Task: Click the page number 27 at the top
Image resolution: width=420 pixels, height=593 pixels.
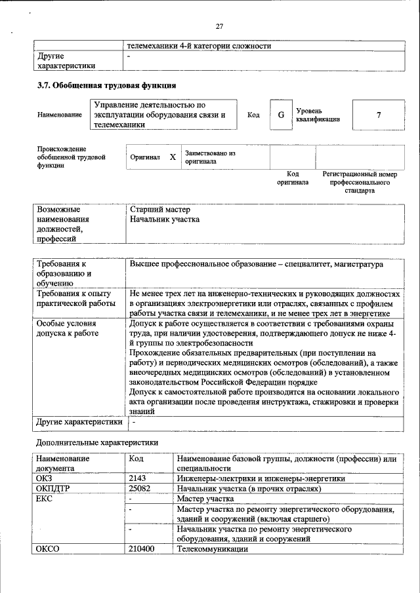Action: pos(219,27)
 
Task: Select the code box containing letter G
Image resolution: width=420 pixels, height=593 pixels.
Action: pos(280,115)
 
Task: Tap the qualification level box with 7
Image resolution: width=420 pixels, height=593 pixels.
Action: pos(378,115)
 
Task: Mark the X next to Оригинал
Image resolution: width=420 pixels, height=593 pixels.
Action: pos(173,157)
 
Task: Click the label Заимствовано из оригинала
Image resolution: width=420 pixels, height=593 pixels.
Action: pos(210,157)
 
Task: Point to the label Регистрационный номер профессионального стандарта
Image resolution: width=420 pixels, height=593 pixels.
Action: pos(360,182)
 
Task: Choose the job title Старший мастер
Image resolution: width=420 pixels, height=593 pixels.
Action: pos(159,210)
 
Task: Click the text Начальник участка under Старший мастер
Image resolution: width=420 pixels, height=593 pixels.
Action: pos(165,220)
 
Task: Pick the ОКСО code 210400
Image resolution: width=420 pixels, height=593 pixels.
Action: pos(142,548)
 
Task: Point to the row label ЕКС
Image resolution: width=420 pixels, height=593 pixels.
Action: pos(46,499)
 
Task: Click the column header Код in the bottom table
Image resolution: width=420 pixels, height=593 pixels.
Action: pos(137,459)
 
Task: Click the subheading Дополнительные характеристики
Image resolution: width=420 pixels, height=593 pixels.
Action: pos(96,442)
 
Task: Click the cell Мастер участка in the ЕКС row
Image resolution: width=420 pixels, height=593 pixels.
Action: pos(205,499)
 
